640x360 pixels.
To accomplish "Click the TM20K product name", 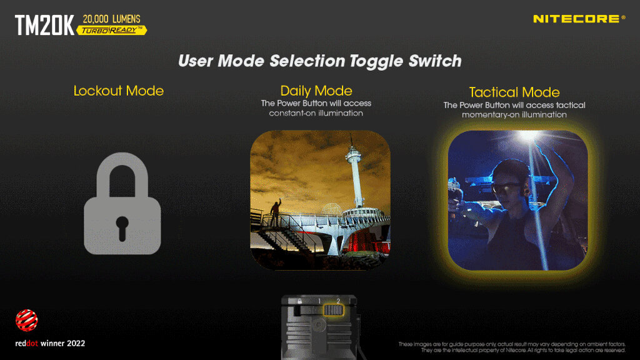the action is click(44, 25).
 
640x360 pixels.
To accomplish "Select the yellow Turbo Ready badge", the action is click(111, 30).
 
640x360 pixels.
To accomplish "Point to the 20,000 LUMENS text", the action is click(111, 19).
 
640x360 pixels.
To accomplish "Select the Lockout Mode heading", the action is click(118, 91).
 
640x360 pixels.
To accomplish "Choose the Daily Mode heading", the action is click(316, 91).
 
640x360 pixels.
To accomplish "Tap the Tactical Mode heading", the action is click(514, 92).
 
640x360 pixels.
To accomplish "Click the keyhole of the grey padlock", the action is click(122, 227).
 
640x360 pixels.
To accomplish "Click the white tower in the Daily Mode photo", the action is click(355, 171).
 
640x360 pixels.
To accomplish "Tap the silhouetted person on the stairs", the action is click(276, 212).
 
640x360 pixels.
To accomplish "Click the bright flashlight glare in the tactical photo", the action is click(529, 136).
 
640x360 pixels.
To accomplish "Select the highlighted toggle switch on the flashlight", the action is click(333, 310).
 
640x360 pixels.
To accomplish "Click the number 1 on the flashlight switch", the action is click(319, 301).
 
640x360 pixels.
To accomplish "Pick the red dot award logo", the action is click(26, 321).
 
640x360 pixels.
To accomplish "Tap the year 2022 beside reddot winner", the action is click(76, 344).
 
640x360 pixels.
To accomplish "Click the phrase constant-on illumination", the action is click(316, 113).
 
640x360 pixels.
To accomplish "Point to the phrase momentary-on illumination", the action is click(514, 115).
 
